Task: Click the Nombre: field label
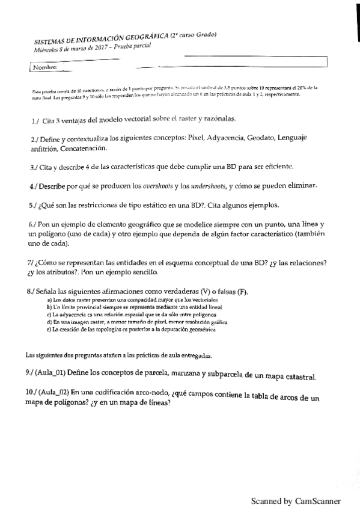pyautogui.click(x=46, y=67)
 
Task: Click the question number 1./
pyautogui.click(x=35, y=120)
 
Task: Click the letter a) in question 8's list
pyautogui.click(x=49, y=300)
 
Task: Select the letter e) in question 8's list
pyautogui.click(x=49, y=330)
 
